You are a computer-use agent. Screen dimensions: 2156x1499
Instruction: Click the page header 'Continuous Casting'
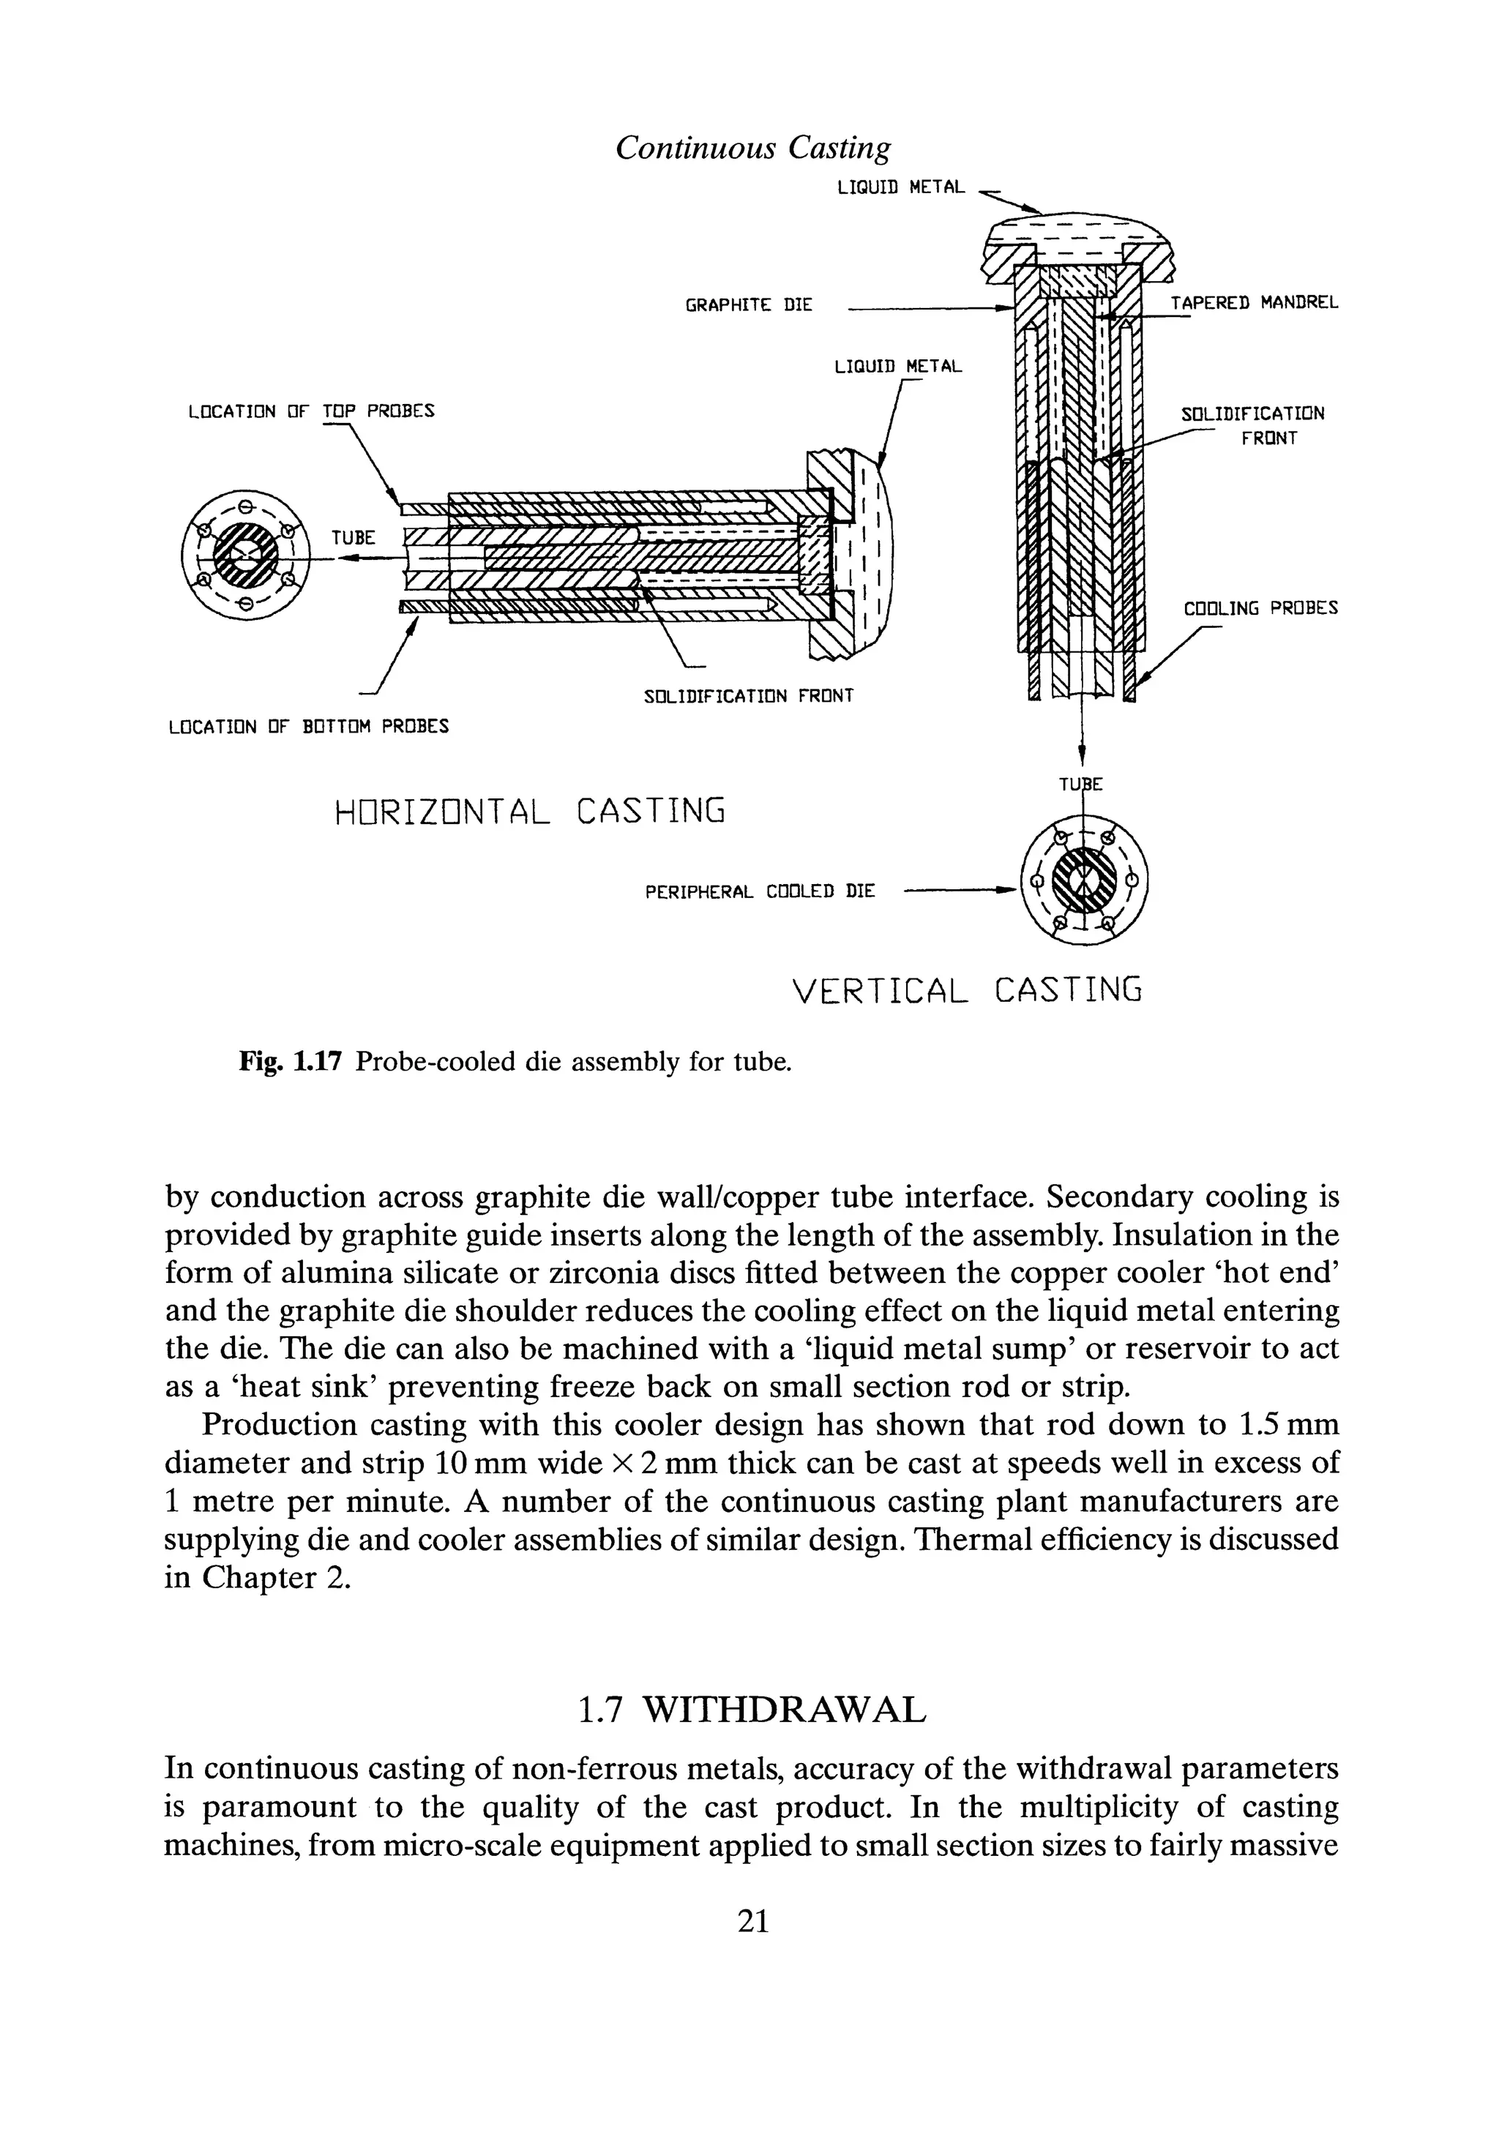752,147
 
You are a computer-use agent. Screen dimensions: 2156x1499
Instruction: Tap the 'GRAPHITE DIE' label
749,305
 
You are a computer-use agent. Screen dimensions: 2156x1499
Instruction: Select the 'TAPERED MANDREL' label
1254,303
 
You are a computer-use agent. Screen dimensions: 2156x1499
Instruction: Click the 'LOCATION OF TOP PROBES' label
311,411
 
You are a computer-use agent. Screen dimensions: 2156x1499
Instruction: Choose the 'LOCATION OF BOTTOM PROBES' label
308,727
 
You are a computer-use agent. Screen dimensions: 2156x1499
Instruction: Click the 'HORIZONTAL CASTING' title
531,810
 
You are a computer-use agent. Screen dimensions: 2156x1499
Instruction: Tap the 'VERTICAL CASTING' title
968,991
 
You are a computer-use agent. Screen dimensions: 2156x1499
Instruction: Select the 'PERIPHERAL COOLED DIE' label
760,891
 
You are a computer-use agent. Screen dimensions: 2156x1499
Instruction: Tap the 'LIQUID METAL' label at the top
900,188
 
